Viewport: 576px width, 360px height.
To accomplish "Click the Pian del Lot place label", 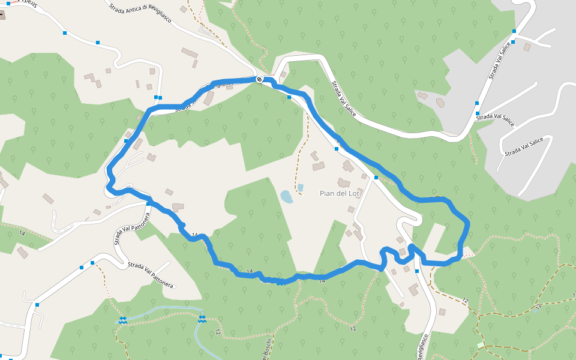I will [x=340, y=193].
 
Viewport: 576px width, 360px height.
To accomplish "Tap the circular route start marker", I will [x=259, y=79].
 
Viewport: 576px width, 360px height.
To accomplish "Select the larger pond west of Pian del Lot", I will [x=287, y=196].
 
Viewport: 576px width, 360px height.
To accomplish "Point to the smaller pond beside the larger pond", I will [x=300, y=188].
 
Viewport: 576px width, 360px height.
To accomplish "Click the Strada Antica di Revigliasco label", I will [x=140, y=13].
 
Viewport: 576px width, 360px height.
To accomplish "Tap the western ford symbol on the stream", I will [x=122, y=320].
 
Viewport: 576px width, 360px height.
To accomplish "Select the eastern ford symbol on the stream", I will [x=202, y=319].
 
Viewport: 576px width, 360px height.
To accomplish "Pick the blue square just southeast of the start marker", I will [x=289, y=97].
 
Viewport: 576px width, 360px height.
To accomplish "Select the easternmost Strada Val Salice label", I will [x=524, y=146].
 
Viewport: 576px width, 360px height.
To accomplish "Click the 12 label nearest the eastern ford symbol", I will [x=217, y=332].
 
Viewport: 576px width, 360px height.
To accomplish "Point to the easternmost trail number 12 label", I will [x=539, y=307].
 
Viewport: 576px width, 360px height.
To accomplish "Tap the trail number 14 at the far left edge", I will [x=22, y=232].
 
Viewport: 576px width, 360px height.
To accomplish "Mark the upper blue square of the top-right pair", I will [x=514, y=31].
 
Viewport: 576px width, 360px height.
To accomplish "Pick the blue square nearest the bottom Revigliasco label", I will [x=417, y=271].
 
